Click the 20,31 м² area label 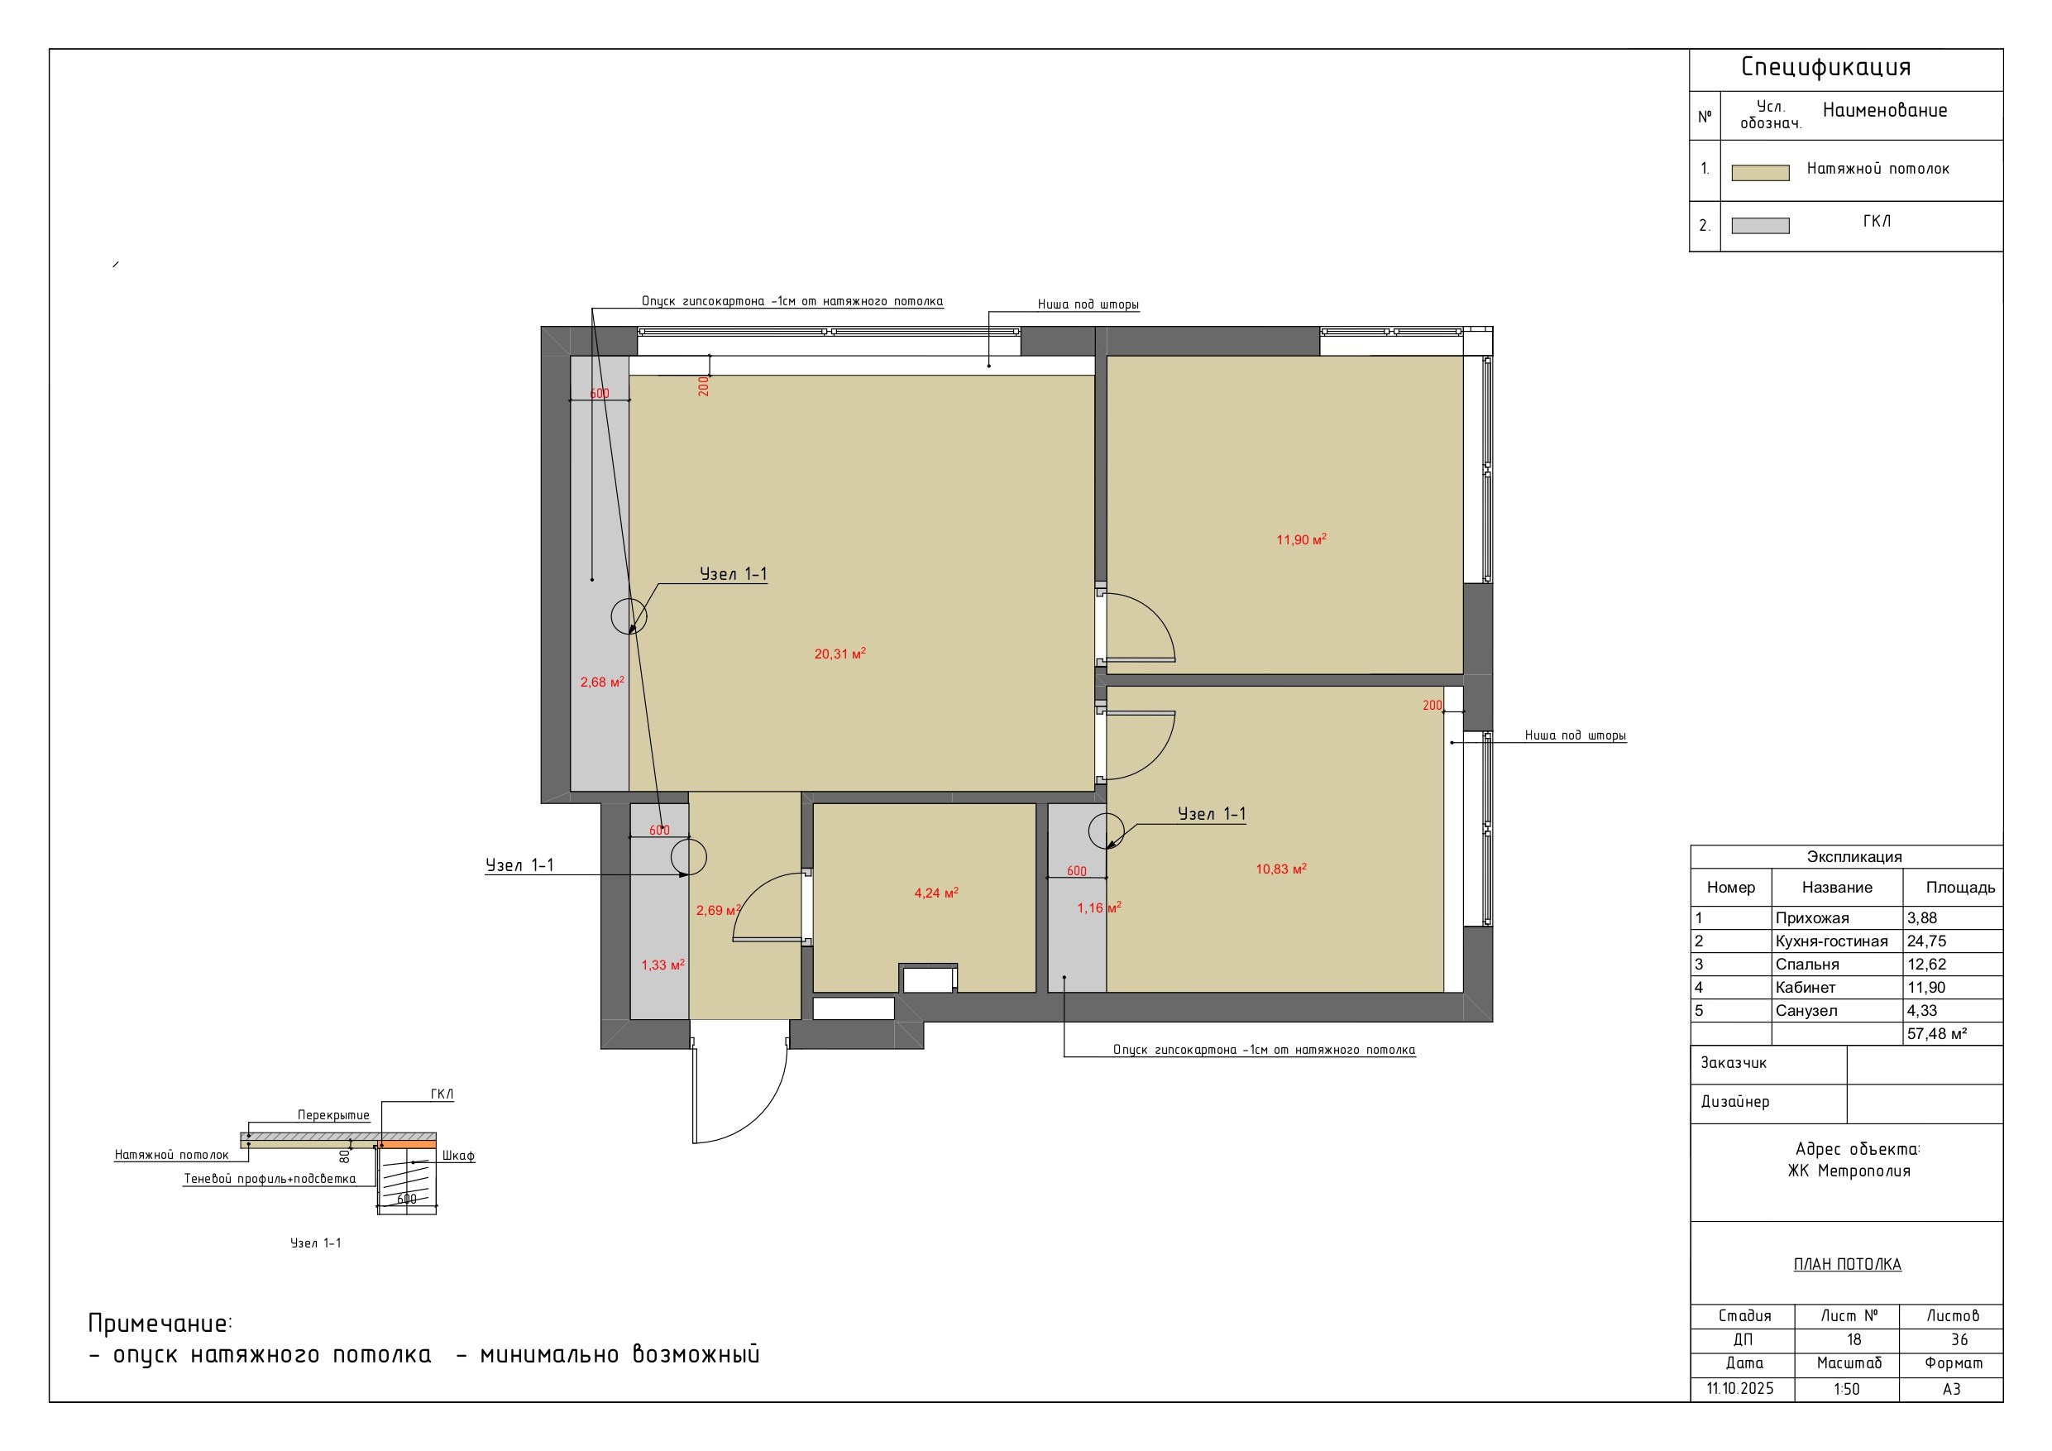click(x=839, y=654)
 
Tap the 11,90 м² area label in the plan click(x=1301, y=539)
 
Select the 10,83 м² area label click(x=1280, y=868)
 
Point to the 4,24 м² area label click(x=935, y=893)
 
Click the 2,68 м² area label click(x=601, y=682)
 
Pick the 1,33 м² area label click(x=662, y=965)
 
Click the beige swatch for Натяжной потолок click(x=1760, y=173)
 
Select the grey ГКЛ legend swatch click(x=1760, y=225)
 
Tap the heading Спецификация click(x=1826, y=67)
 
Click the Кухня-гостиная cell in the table click(x=1831, y=941)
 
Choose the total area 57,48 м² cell click(x=1937, y=1033)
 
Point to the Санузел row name click(x=1806, y=1010)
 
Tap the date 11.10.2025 click(x=1740, y=1388)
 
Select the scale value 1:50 click(x=1846, y=1388)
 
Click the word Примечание click(x=159, y=1323)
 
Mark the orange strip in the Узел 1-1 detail click(x=409, y=1144)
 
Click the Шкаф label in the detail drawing click(x=457, y=1155)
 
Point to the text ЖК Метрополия click(x=1849, y=1171)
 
